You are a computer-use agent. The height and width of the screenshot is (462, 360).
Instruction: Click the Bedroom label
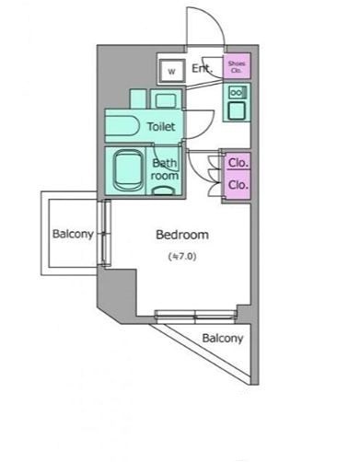182,235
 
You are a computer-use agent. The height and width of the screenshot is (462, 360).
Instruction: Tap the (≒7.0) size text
182,256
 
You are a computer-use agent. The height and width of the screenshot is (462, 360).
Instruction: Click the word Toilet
161,126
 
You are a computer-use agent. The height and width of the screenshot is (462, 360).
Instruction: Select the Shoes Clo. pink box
237,65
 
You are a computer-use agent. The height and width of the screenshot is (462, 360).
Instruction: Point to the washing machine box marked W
171,71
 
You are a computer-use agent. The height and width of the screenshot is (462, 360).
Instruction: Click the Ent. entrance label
202,68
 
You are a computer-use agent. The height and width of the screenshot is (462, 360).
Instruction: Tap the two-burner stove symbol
237,92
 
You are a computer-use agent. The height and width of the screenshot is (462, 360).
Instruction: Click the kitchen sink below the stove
237,110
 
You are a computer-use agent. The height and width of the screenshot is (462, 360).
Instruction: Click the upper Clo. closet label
238,163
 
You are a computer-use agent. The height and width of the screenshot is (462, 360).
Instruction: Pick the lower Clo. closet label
238,185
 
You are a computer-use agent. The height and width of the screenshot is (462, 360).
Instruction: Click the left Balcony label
73,234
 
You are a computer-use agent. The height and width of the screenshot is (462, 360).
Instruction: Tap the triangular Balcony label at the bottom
223,338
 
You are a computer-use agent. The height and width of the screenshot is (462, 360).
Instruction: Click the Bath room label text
165,169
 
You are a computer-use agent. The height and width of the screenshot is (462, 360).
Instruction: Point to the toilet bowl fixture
122,126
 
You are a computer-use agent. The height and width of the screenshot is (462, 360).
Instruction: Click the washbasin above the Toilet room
166,99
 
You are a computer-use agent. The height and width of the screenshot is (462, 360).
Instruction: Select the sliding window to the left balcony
106,233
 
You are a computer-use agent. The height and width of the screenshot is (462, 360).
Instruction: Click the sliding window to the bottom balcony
195,317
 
